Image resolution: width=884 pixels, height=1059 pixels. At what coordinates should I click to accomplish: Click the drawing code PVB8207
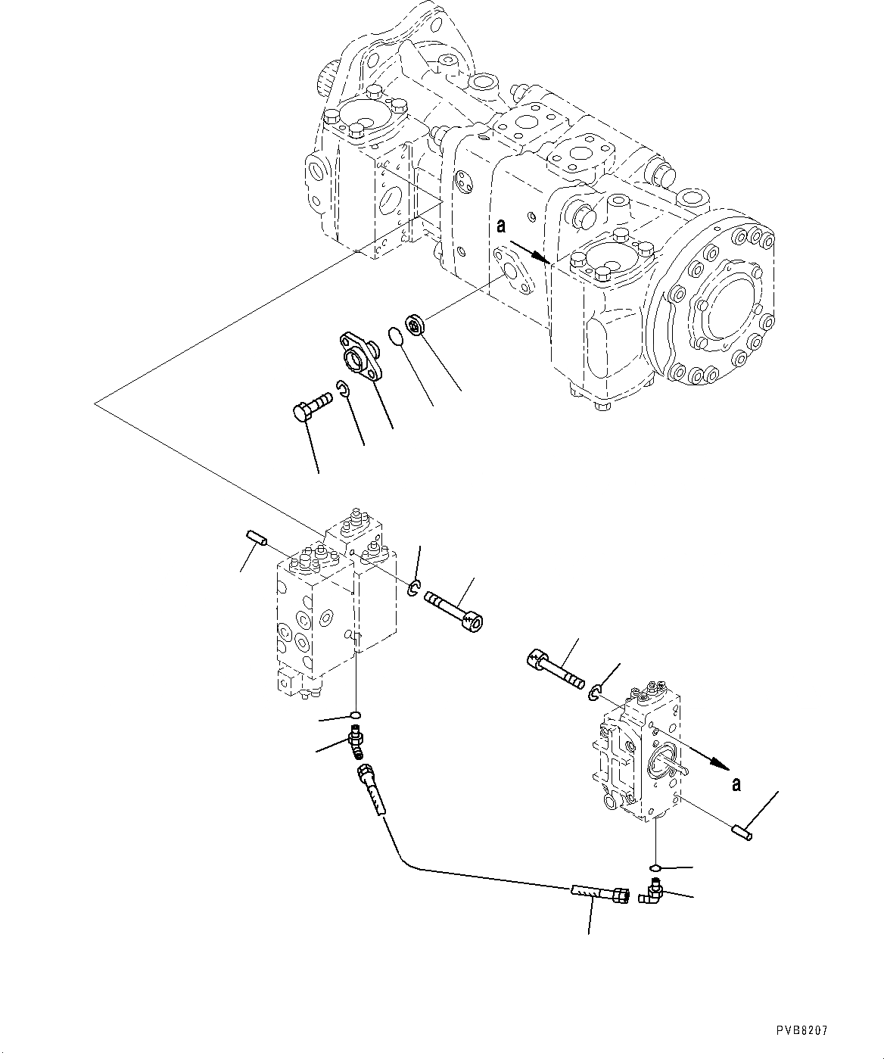(802, 1030)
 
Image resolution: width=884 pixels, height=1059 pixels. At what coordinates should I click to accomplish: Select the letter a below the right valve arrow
(736, 784)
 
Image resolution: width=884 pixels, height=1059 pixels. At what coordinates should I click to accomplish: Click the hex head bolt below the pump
(310, 405)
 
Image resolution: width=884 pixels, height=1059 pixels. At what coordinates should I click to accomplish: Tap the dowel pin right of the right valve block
(740, 831)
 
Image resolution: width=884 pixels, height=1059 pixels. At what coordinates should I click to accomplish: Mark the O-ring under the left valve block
(356, 715)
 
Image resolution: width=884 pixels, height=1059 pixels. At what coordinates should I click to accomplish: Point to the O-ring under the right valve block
(655, 868)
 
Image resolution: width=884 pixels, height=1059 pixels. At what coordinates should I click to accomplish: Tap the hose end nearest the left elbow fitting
(370, 787)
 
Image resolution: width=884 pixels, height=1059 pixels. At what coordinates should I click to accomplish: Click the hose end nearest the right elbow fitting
(602, 894)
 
